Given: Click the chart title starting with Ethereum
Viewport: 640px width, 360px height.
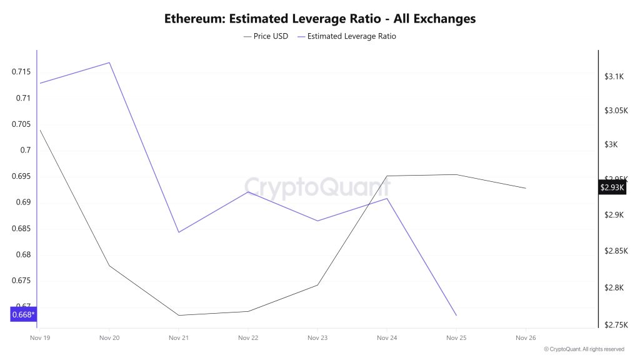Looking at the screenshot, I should (x=320, y=18).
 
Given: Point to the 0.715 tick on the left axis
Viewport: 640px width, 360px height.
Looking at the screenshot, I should (x=21, y=72).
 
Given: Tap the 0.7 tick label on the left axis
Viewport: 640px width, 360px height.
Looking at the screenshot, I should (x=26, y=150).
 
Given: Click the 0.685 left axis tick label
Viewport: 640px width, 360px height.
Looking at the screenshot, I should (x=21, y=229).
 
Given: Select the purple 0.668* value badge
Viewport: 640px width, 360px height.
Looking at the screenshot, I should (x=23, y=314).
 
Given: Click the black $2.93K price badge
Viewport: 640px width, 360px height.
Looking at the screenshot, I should (x=612, y=187).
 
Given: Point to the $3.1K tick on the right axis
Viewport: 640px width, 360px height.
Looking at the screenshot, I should (x=614, y=76).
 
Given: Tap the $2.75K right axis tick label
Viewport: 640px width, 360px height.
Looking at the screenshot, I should (x=616, y=324).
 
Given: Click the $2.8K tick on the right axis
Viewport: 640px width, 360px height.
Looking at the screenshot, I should (x=614, y=288).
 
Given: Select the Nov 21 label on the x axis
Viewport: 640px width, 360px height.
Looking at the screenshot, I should (x=179, y=338).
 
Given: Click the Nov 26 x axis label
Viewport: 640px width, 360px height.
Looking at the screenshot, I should (x=526, y=338).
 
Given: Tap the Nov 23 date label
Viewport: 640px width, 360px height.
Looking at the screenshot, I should (x=317, y=338).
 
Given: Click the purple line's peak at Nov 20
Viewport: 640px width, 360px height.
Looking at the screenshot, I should (x=109, y=62).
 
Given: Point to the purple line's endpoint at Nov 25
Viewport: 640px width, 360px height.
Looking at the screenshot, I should (x=456, y=315).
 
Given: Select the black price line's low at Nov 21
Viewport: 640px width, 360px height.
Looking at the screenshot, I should (x=179, y=315).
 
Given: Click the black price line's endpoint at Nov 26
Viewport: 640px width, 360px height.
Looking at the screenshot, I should (x=526, y=188).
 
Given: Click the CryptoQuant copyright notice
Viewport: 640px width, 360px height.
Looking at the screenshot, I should (x=584, y=349).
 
